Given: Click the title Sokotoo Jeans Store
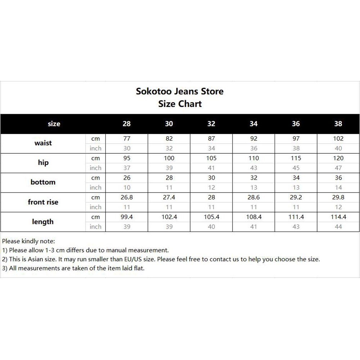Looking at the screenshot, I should coord(180,91).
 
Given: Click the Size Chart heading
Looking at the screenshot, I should coord(180,104).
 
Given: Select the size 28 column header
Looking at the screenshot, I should coord(127,124).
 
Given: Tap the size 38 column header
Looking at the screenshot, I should coord(338,124).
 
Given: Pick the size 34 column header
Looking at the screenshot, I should coord(253,124).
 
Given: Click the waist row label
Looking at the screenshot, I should coord(43,143).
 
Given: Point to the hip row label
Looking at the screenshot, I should coord(43,163).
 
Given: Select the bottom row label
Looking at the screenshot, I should coord(43,182).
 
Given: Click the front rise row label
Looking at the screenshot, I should coord(43,202).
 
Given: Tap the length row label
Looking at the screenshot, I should coord(43,222).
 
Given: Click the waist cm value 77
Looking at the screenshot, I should coord(127,139).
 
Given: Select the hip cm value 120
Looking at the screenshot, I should coord(338,158).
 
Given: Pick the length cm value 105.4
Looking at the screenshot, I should coord(211,217).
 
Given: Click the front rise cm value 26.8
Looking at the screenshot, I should coord(127,197).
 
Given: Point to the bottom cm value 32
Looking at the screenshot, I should coord(253,178).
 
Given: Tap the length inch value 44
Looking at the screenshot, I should coord(338,227).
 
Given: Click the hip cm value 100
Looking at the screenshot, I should coord(169,158).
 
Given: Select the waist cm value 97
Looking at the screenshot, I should coord(296,139).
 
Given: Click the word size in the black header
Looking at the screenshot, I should coord(54,124).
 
